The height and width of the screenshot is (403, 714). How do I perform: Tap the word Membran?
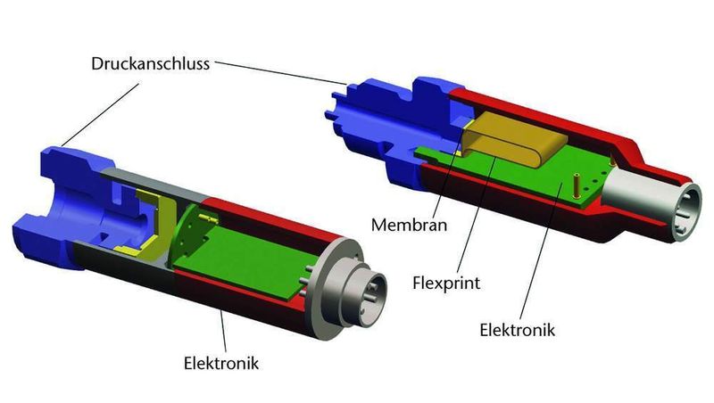(408, 224)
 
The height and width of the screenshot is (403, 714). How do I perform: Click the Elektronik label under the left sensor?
(222, 364)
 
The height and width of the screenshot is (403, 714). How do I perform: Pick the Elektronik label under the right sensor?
(518, 330)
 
